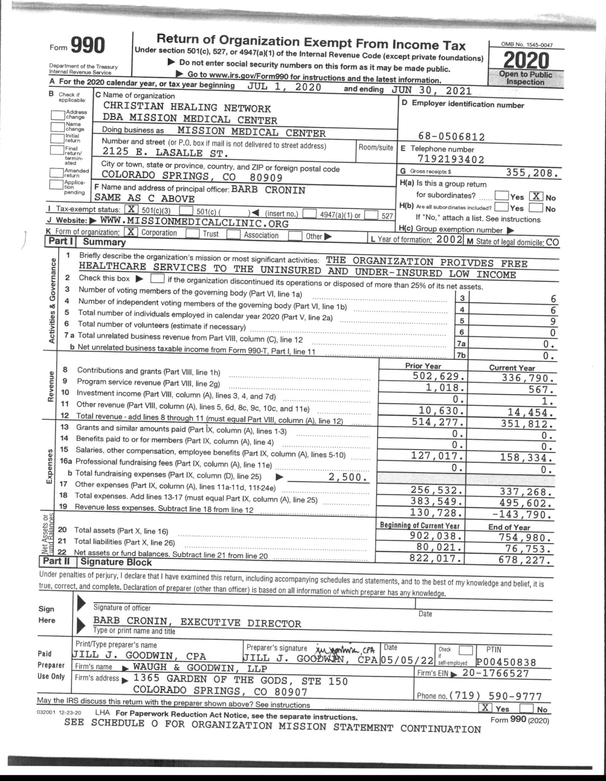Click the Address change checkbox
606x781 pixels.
point(58,114)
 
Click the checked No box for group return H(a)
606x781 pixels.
point(536,197)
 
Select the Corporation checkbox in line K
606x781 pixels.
point(131,232)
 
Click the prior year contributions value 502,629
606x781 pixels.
point(438,376)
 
